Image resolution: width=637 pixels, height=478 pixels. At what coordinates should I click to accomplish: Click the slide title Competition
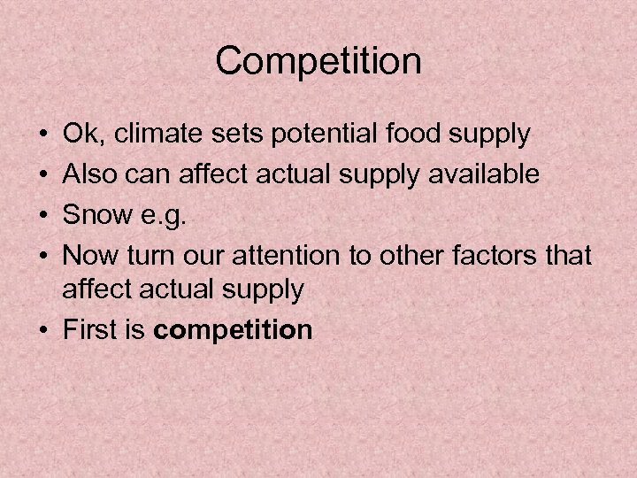click(318, 61)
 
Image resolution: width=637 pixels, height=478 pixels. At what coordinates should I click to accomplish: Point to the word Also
click(90, 174)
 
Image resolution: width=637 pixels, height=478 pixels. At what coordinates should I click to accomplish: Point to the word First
click(92, 330)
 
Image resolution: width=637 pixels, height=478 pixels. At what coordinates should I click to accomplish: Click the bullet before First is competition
click(43, 331)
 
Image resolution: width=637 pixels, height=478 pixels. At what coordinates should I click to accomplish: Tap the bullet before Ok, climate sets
click(43, 136)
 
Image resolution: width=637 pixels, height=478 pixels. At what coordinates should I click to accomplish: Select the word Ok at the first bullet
click(79, 135)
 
